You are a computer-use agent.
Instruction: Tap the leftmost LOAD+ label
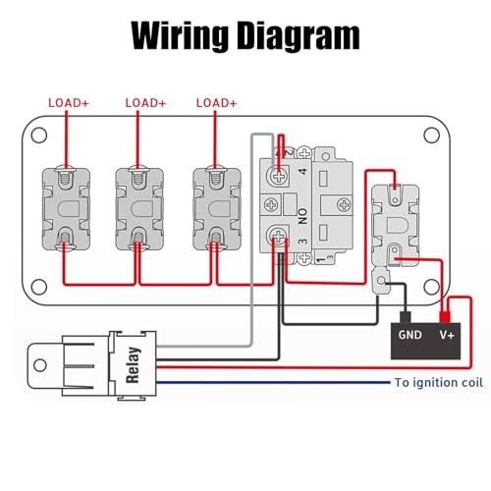coord(69,103)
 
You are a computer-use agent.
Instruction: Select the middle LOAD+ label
coord(145,103)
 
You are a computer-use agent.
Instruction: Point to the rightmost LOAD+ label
coord(216,103)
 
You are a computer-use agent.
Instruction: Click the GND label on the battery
coord(409,335)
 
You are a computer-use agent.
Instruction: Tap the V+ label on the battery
coord(447,335)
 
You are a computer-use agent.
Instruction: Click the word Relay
coord(134,365)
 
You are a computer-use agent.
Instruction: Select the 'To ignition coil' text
coord(439,382)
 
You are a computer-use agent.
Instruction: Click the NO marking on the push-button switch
coord(302,216)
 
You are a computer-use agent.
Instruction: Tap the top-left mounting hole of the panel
coord(39,136)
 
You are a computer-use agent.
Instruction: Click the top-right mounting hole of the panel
coord(431,136)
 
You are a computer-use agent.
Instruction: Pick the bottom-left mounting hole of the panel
coord(39,287)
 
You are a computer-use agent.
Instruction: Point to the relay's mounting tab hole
coord(40,365)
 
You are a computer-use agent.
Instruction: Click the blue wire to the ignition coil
coord(273,382)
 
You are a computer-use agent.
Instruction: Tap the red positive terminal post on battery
coord(445,317)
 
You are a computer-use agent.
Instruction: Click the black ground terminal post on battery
coord(406,317)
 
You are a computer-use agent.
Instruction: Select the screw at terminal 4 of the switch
coord(279,177)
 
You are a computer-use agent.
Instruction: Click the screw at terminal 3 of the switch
coord(279,236)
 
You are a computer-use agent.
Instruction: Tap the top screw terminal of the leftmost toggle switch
coord(66,176)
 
